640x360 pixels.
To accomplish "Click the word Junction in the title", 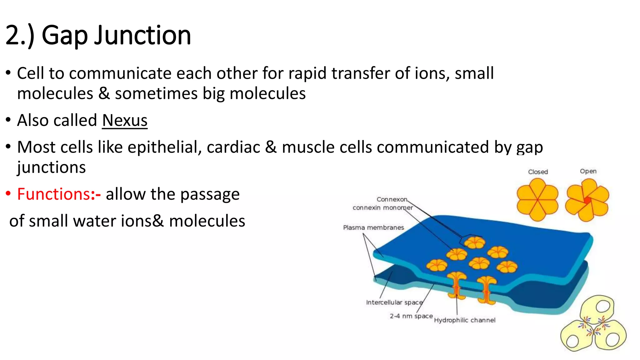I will [x=142, y=35].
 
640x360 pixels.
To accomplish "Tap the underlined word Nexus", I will [x=124, y=120].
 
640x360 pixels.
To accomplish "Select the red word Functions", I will [x=54, y=194].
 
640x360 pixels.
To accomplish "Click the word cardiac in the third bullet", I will [x=233, y=147].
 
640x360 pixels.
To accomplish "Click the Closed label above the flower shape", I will [x=538, y=172].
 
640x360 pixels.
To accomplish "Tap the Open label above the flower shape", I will [x=588, y=171].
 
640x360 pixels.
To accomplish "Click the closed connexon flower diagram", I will [x=537, y=200].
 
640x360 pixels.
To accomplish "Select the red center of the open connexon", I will [x=587, y=200].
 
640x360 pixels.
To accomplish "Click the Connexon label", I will [x=392, y=199].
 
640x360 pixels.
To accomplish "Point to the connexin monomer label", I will [x=382, y=208].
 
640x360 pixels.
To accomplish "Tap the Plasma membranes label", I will [x=373, y=227].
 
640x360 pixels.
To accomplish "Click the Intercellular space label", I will [x=394, y=302].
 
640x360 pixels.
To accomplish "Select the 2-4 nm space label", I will [x=411, y=316].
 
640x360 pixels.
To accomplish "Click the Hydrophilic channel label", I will [x=464, y=320].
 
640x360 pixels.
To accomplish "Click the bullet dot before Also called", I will [x=8, y=120].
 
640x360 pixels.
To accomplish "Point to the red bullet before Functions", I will [x=8, y=194].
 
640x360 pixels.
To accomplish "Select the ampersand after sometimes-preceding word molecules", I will [x=104, y=94].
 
